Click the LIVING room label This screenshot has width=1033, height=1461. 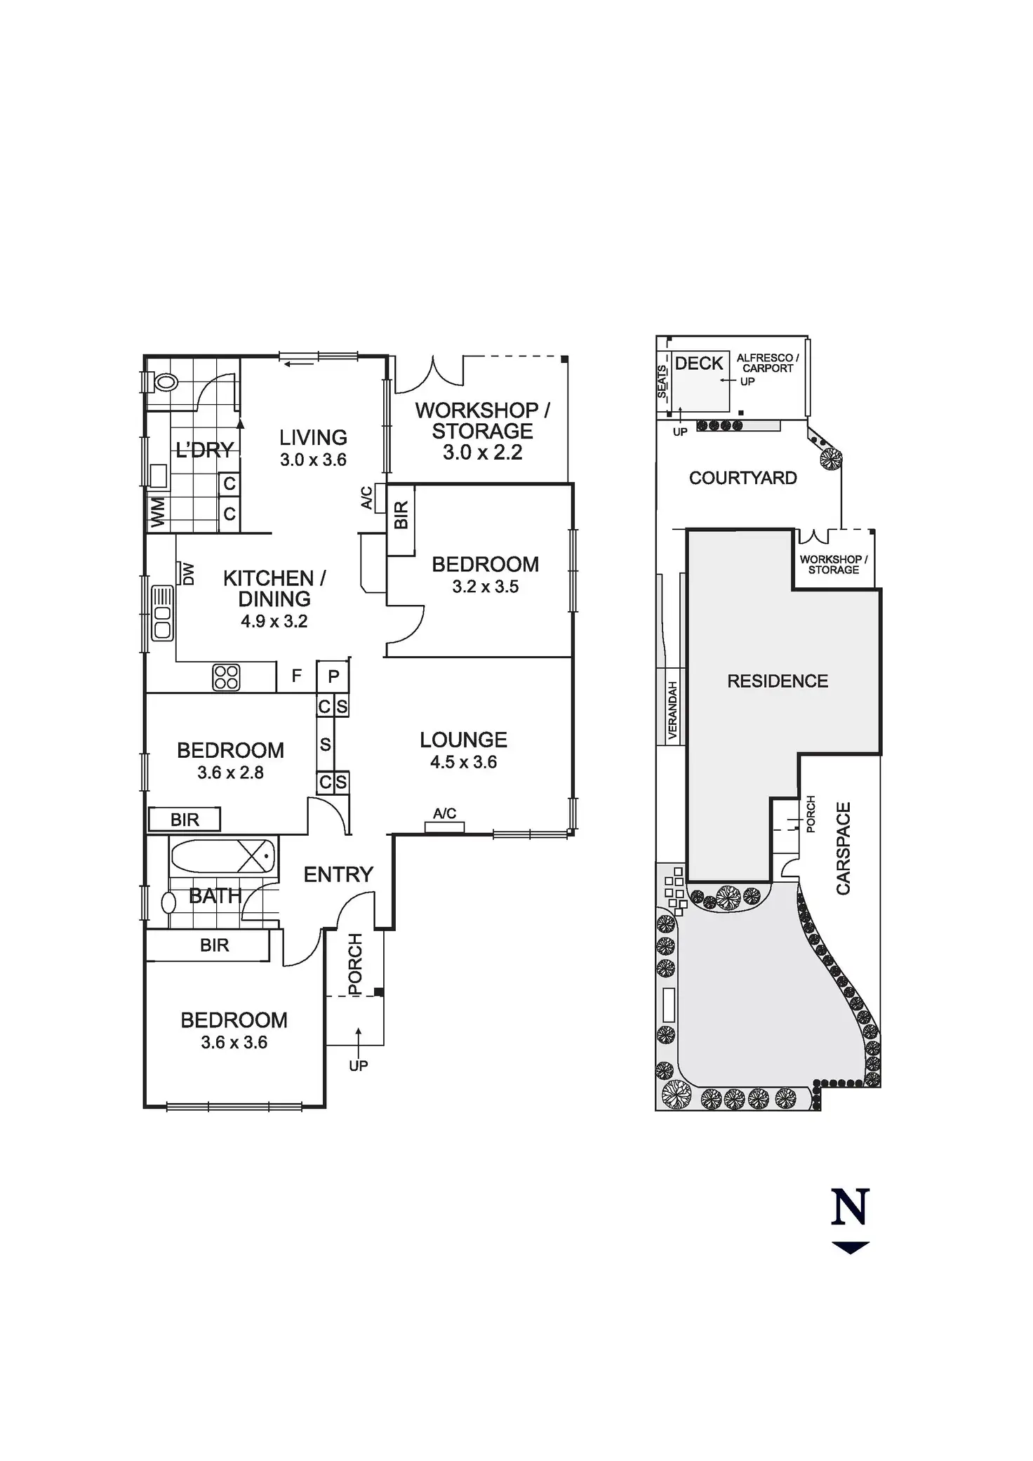point(313,437)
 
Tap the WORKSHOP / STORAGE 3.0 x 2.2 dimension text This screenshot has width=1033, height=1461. point(482,453)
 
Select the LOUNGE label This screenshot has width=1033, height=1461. point(463,740)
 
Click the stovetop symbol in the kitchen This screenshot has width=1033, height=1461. point(226,677)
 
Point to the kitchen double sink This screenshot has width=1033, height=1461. point(162,613)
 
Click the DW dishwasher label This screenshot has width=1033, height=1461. point(188,574)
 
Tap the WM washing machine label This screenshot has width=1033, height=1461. point(158,512)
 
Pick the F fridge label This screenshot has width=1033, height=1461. point(297,676)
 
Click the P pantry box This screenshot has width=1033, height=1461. point(333,676)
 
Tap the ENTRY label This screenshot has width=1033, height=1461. point(338,874)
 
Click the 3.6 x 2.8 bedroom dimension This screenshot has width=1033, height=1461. point(230,773)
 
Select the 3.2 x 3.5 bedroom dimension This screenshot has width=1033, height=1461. point(485,587)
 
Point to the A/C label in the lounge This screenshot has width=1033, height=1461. point(444,813)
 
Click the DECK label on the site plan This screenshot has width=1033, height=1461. point(699,363)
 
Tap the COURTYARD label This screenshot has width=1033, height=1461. point(742,478)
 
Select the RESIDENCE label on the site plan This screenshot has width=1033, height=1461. point(778,681)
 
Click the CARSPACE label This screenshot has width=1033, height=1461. point(843,848)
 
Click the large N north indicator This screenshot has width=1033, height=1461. point(851,1206)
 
